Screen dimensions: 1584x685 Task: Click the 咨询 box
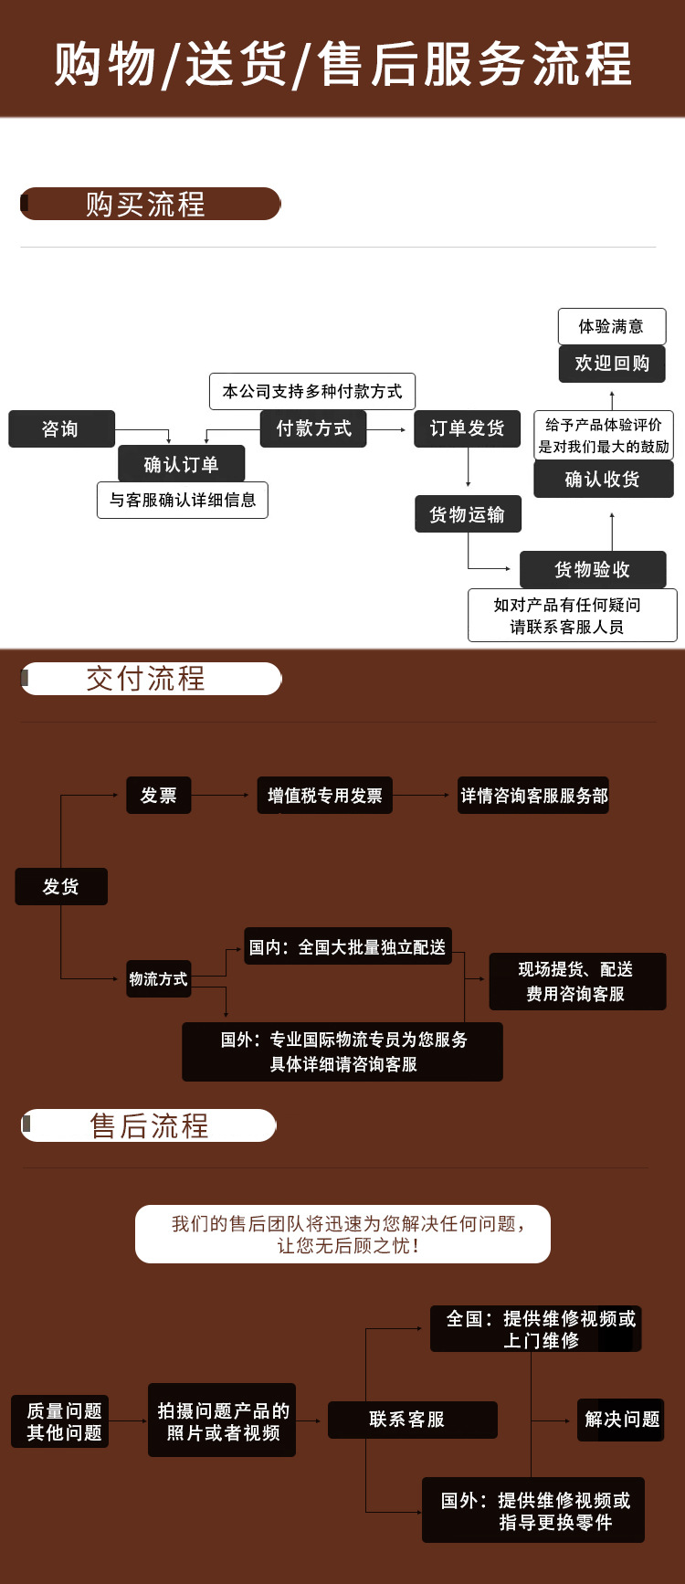(x=61, y=429)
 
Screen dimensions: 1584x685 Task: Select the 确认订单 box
(x=181, y=464)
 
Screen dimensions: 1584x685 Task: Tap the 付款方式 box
(x=313, y=428)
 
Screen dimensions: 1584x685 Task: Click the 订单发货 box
(x=467, y=428)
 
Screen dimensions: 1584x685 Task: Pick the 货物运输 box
(x=467, y=514)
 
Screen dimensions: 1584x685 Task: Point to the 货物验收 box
(x=592, y=569)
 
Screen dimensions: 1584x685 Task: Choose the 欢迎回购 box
(x=611, y=364)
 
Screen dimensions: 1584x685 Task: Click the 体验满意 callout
(x=611, y=326)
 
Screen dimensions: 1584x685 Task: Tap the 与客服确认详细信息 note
(x=183, y=500)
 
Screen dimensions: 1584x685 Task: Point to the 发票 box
(x=158, y=796)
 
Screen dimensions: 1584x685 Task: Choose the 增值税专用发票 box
(x=324, y=796)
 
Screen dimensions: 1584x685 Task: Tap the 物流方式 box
(x=158, y=978)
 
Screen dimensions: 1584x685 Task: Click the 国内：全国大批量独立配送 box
(x=347, y=947)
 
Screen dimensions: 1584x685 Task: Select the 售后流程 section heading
(x=149, y=1125)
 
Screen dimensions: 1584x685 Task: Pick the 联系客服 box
(x=412, y=1420)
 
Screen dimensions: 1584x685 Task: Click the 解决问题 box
(x=621, y=1420)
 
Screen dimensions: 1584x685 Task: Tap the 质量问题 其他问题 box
(x=60, y=1421)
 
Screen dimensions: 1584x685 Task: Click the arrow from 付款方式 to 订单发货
(x=387, y=429)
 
